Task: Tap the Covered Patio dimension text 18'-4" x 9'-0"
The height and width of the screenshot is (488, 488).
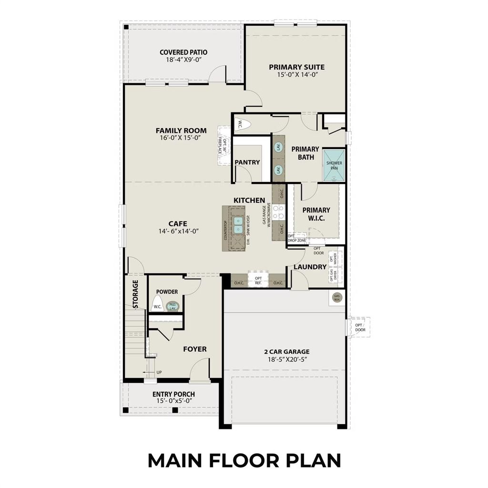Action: [183, 60]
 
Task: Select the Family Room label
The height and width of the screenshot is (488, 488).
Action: [181, 131]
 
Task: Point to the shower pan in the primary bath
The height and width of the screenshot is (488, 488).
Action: [334, 165]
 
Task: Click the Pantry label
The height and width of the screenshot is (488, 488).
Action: [247, 163]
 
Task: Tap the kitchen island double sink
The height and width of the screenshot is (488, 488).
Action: [238, 225]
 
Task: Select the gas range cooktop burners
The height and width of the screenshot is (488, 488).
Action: [278, 213]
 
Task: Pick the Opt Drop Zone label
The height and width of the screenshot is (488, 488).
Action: [297, 238]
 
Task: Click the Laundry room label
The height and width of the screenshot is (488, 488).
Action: [310, 267]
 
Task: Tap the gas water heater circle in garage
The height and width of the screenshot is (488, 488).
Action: [337, 297]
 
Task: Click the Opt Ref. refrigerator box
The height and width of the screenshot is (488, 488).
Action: [258, 281]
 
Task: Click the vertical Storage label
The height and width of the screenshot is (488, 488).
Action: [135, 294]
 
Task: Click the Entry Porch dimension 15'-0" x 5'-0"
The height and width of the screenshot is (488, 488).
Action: [173, 401]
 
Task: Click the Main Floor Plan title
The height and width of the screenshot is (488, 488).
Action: [244, 460]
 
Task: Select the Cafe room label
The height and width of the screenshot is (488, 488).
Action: [177, 224]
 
